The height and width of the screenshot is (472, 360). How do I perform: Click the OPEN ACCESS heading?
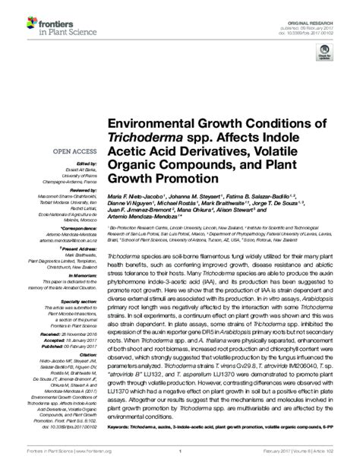click(73, 150)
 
